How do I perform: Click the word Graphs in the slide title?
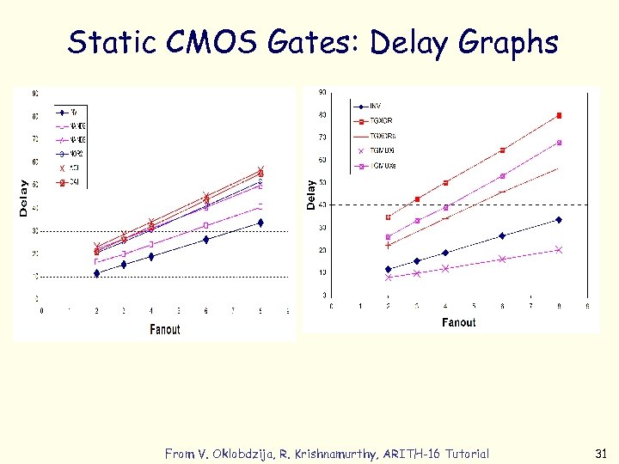coord(509,43)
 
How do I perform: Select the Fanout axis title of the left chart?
coord(164,329)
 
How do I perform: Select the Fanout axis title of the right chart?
coord(458,322)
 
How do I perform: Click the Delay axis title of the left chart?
coord(23,198)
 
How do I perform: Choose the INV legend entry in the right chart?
coord(375,106)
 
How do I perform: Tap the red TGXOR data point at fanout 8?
coord(559,115)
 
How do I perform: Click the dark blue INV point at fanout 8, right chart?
coord(559,220)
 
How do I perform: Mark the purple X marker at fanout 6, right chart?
coord(502,259)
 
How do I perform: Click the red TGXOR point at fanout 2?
coord(389,217)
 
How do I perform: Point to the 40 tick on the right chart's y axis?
coord(322,205)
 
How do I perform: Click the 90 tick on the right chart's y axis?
coord(322,92)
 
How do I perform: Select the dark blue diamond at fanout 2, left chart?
coord(96,273)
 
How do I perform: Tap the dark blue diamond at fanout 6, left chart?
coord(205,240)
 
